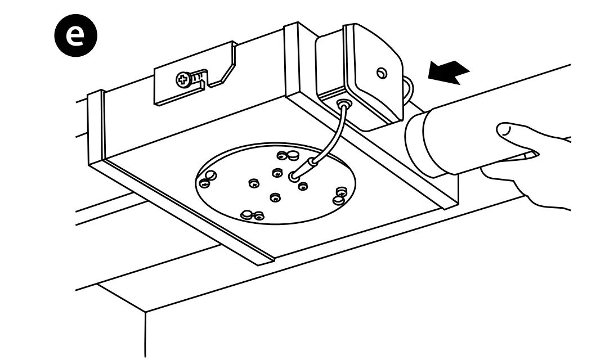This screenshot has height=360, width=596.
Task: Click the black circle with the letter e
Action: [x=75, y=34]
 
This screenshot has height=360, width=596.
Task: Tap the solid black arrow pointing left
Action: [x=449, y=73]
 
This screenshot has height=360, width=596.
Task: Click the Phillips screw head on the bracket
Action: [x=183, y=80]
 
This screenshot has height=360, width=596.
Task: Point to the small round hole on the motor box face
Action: [x=382, y=73]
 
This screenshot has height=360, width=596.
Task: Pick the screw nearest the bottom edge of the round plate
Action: [x=258, y=215]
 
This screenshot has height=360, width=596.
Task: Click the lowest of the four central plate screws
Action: [x=275, y=197]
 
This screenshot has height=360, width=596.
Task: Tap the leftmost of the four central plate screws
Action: [x=254, y=182]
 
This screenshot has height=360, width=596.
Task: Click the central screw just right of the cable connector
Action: [x=303, y=186]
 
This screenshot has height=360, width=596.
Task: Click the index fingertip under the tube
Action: [x=530, y=153]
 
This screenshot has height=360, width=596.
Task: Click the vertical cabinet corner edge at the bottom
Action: [x=146, y=332]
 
